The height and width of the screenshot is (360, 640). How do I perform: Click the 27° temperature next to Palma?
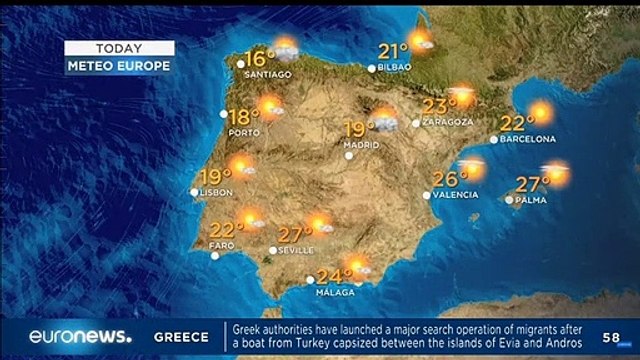click(x=532, y=184)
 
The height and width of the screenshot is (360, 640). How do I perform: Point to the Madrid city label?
click(x=361, y=156)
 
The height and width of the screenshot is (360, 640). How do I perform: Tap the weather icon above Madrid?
click(x=386, y=121)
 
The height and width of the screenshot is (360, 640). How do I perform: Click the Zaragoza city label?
click(x=448, y=122)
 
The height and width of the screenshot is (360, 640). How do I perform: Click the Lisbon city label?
click(x=216, y=192)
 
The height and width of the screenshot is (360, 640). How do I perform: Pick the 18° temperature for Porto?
click(x=243, y=116)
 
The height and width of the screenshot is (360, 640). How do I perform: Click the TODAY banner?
click(x=119, y=48)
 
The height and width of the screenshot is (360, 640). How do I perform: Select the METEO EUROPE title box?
click(x=119, y=65)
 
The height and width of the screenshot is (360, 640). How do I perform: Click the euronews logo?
click(x=80, y=337)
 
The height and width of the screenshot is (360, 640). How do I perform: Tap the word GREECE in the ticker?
click(x=181, y=337)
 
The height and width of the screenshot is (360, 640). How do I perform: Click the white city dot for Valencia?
click(x=427, y=195)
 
